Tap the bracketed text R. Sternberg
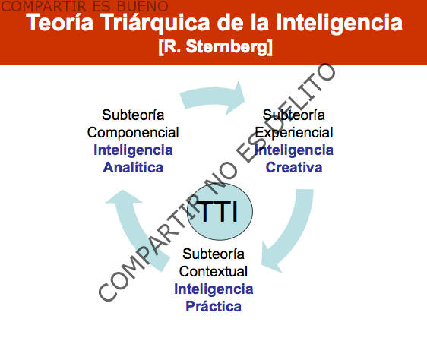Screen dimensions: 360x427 click(215, 47)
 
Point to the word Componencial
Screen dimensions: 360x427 click(133, 132)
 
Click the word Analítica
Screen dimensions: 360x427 click(133, 167)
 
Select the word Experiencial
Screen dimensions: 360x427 click(294, 132)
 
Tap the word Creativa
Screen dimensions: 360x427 click(294, 167)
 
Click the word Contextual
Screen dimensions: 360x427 click(214, 271)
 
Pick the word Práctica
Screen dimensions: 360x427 click(214, 306)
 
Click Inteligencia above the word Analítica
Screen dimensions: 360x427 click(133, 150)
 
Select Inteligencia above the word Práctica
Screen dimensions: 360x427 click(214, 289)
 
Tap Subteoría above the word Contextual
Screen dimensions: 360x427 click(214, 254)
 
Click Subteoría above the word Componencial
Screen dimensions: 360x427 click(133, 115)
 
